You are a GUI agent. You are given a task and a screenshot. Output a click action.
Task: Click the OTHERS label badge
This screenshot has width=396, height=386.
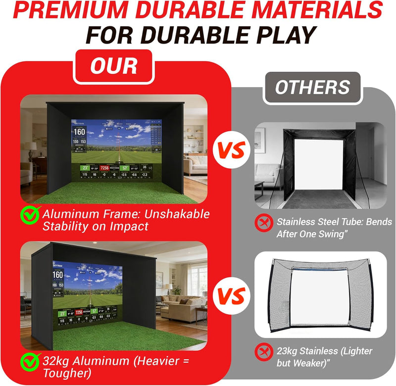[x=312, y=88]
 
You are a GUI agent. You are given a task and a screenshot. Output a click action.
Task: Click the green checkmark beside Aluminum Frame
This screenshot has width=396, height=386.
[x=30, y=215]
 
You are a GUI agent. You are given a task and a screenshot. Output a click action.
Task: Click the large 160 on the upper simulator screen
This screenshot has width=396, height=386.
[x=80, y=132]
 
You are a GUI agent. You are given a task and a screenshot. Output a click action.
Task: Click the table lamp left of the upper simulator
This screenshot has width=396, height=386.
[x=31, y=148]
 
